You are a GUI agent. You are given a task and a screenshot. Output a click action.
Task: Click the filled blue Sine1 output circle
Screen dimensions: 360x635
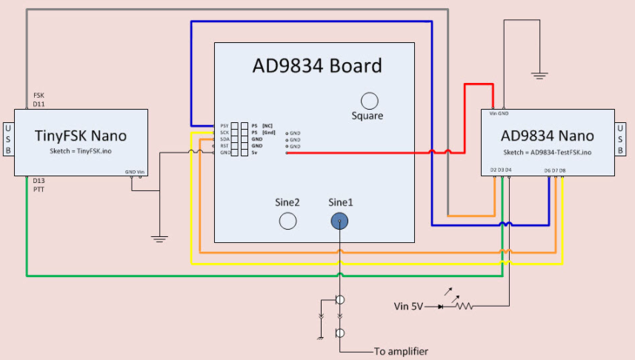339,220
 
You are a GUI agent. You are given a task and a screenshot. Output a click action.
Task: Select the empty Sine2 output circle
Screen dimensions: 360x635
287,220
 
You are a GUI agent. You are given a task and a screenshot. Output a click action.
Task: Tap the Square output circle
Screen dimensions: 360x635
368,101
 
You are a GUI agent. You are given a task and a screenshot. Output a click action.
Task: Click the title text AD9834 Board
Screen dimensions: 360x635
316,66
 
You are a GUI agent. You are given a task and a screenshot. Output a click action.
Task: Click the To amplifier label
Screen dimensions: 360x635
401,351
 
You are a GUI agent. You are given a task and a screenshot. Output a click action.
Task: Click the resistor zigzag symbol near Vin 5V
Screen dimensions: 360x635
463,304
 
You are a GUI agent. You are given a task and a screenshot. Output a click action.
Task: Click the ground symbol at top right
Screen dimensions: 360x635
539,75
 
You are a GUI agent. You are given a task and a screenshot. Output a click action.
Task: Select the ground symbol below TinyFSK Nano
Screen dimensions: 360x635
158,239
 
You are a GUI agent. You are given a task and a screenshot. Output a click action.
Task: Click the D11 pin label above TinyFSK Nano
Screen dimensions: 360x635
39,104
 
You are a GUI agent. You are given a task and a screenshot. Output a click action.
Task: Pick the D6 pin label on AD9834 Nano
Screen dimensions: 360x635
546,170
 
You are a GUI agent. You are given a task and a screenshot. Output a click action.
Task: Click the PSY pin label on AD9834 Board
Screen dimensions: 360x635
224,126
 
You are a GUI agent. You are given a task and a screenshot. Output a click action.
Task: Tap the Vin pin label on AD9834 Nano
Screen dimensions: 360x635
493,113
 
